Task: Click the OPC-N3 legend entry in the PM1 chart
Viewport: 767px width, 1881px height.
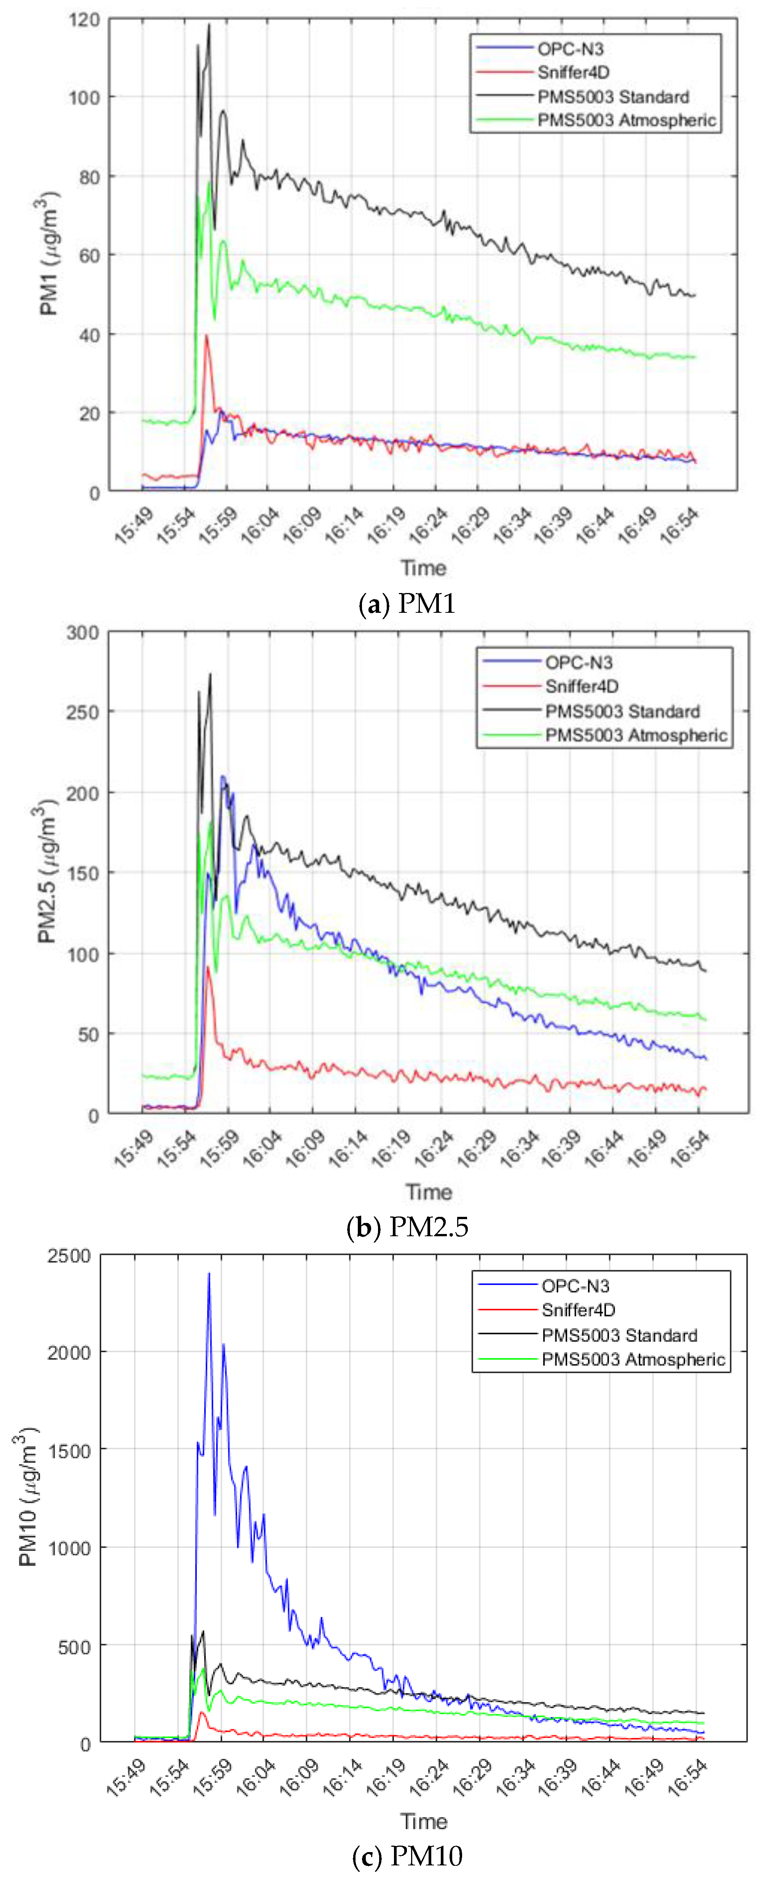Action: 570,49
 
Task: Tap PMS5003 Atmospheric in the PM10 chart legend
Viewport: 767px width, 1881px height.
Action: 633,1359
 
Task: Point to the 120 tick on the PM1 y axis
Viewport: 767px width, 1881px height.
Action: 84,20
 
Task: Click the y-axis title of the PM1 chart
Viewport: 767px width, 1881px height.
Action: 48,253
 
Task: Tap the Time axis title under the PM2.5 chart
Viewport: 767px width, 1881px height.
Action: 429,1192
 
